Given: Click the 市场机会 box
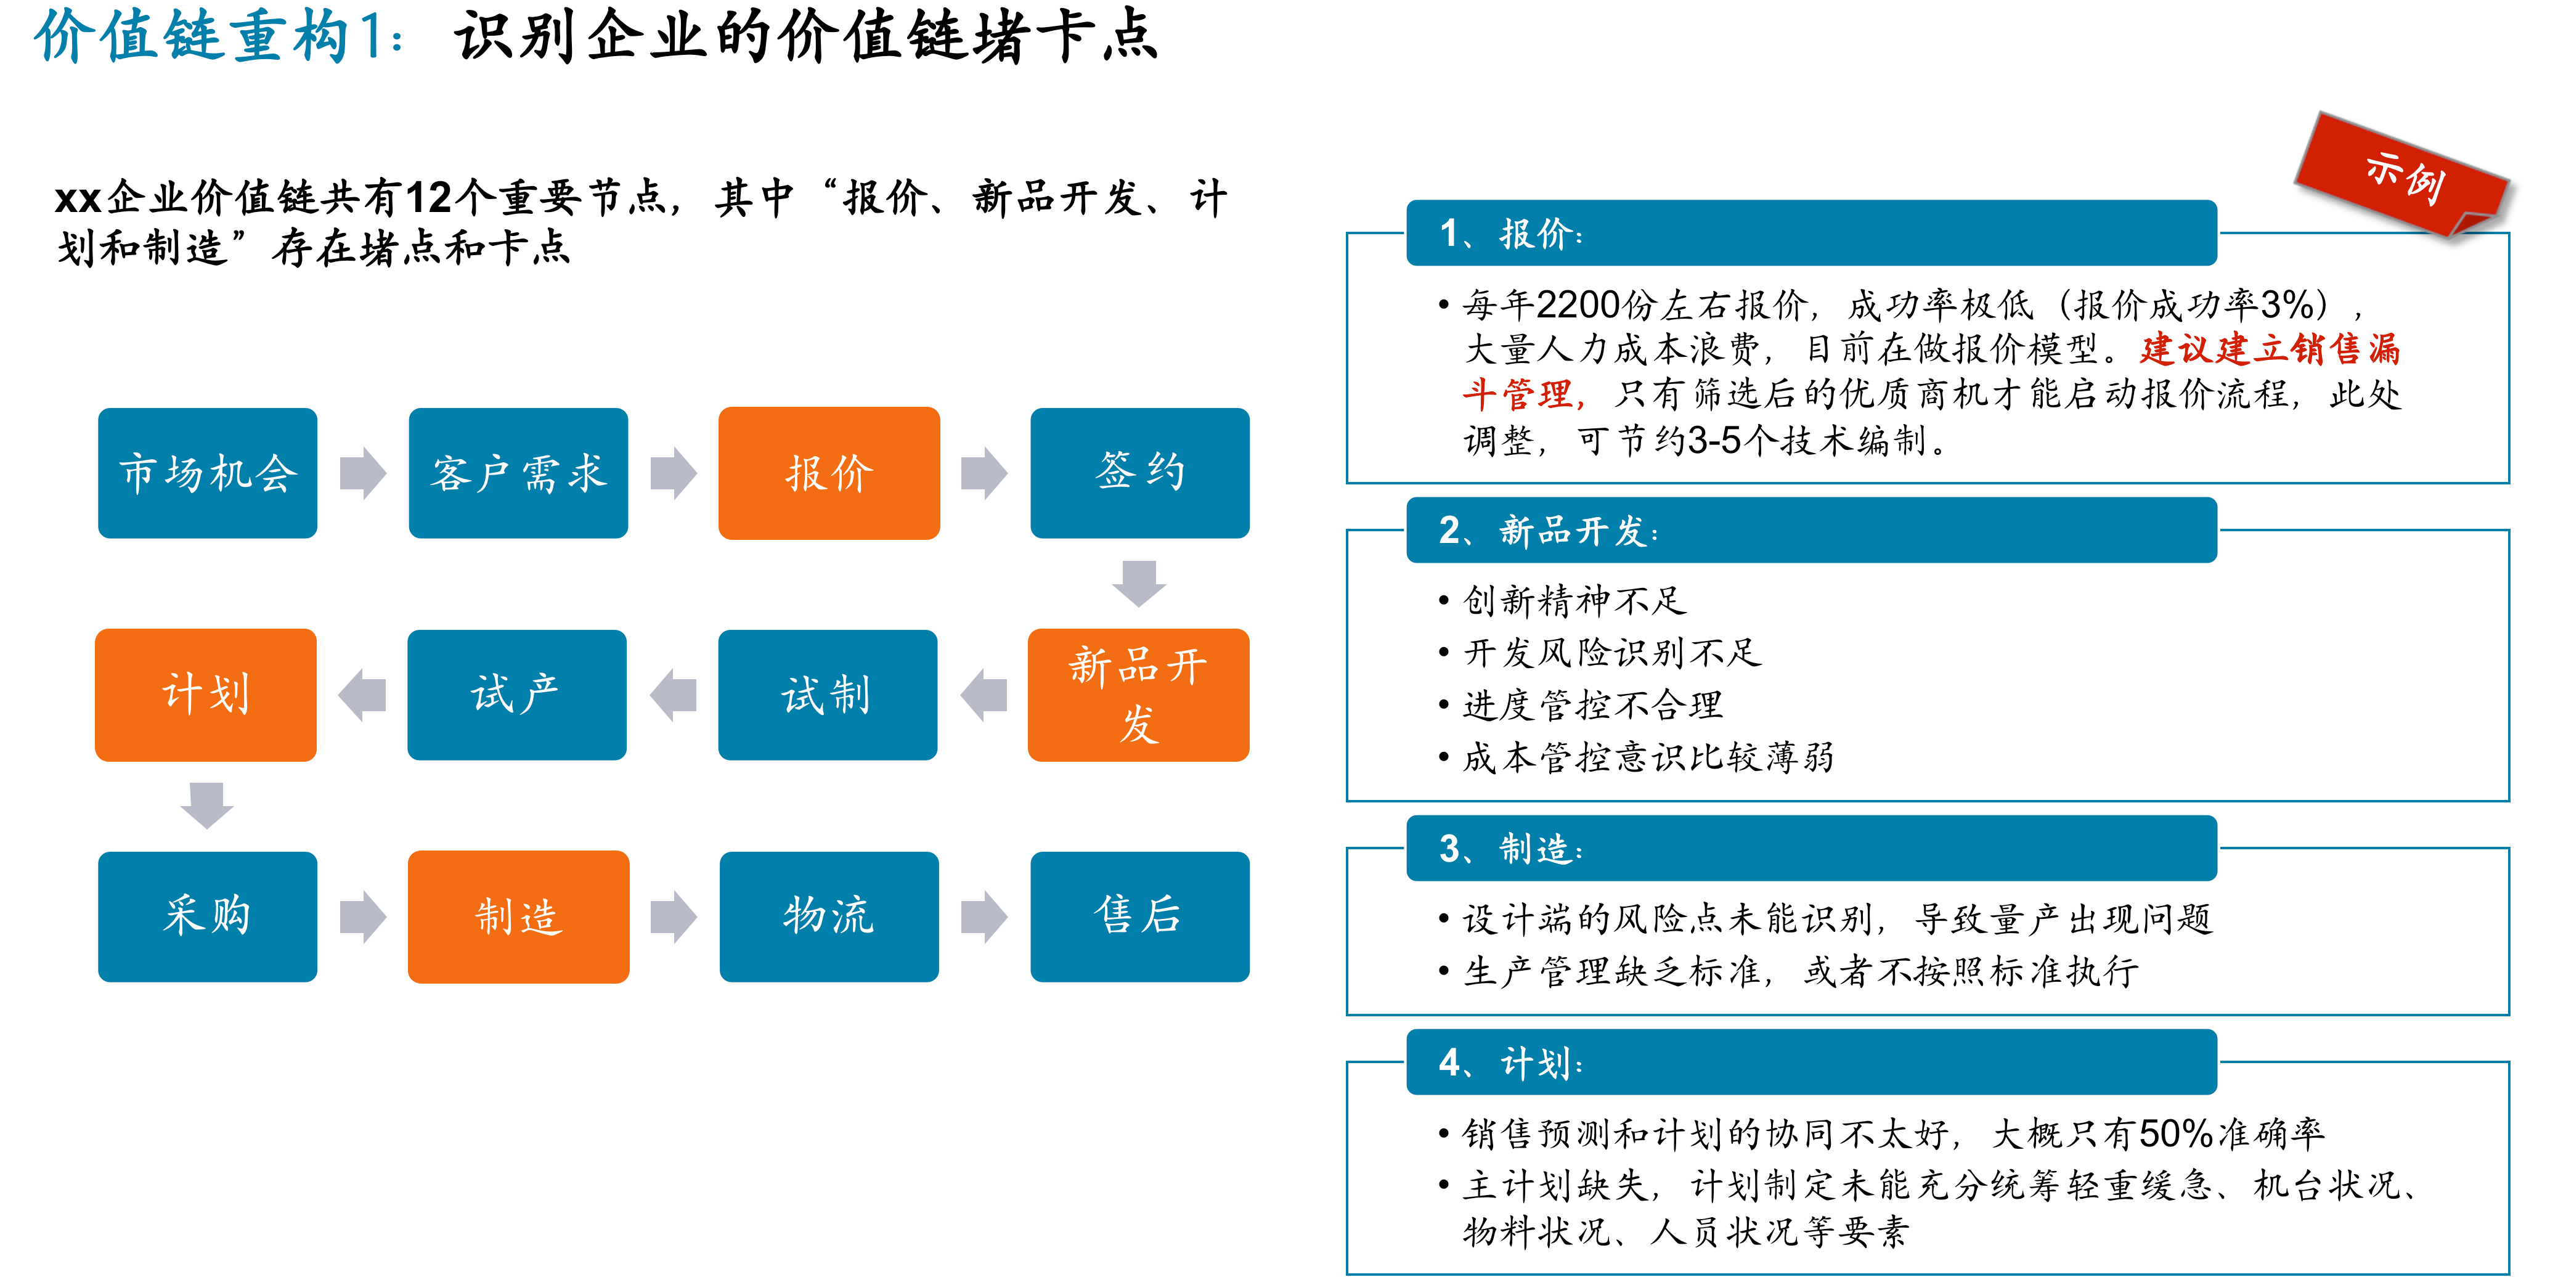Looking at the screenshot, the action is pos(207,473).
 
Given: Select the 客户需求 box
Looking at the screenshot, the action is pos(518,473).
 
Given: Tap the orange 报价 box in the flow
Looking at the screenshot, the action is pos(829,473).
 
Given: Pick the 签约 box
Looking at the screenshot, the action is pos(1139,473).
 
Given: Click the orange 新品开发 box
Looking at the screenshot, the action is pos(1139,695).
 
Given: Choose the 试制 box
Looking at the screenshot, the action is pos(828,695).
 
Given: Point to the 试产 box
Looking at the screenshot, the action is pos(517,695).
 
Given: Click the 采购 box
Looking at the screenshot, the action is pos(207,916).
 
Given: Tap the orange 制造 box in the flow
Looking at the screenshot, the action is pos(518,916).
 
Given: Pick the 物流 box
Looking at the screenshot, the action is pos(829,916).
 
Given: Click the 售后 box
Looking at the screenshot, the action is pos(1139,916).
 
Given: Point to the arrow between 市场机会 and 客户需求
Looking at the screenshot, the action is pos(362,473).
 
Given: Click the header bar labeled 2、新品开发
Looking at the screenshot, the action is pos(1811,530).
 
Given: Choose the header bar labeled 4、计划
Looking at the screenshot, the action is pos(1811,1062).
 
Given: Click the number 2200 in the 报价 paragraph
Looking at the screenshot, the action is pos(1578,304).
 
